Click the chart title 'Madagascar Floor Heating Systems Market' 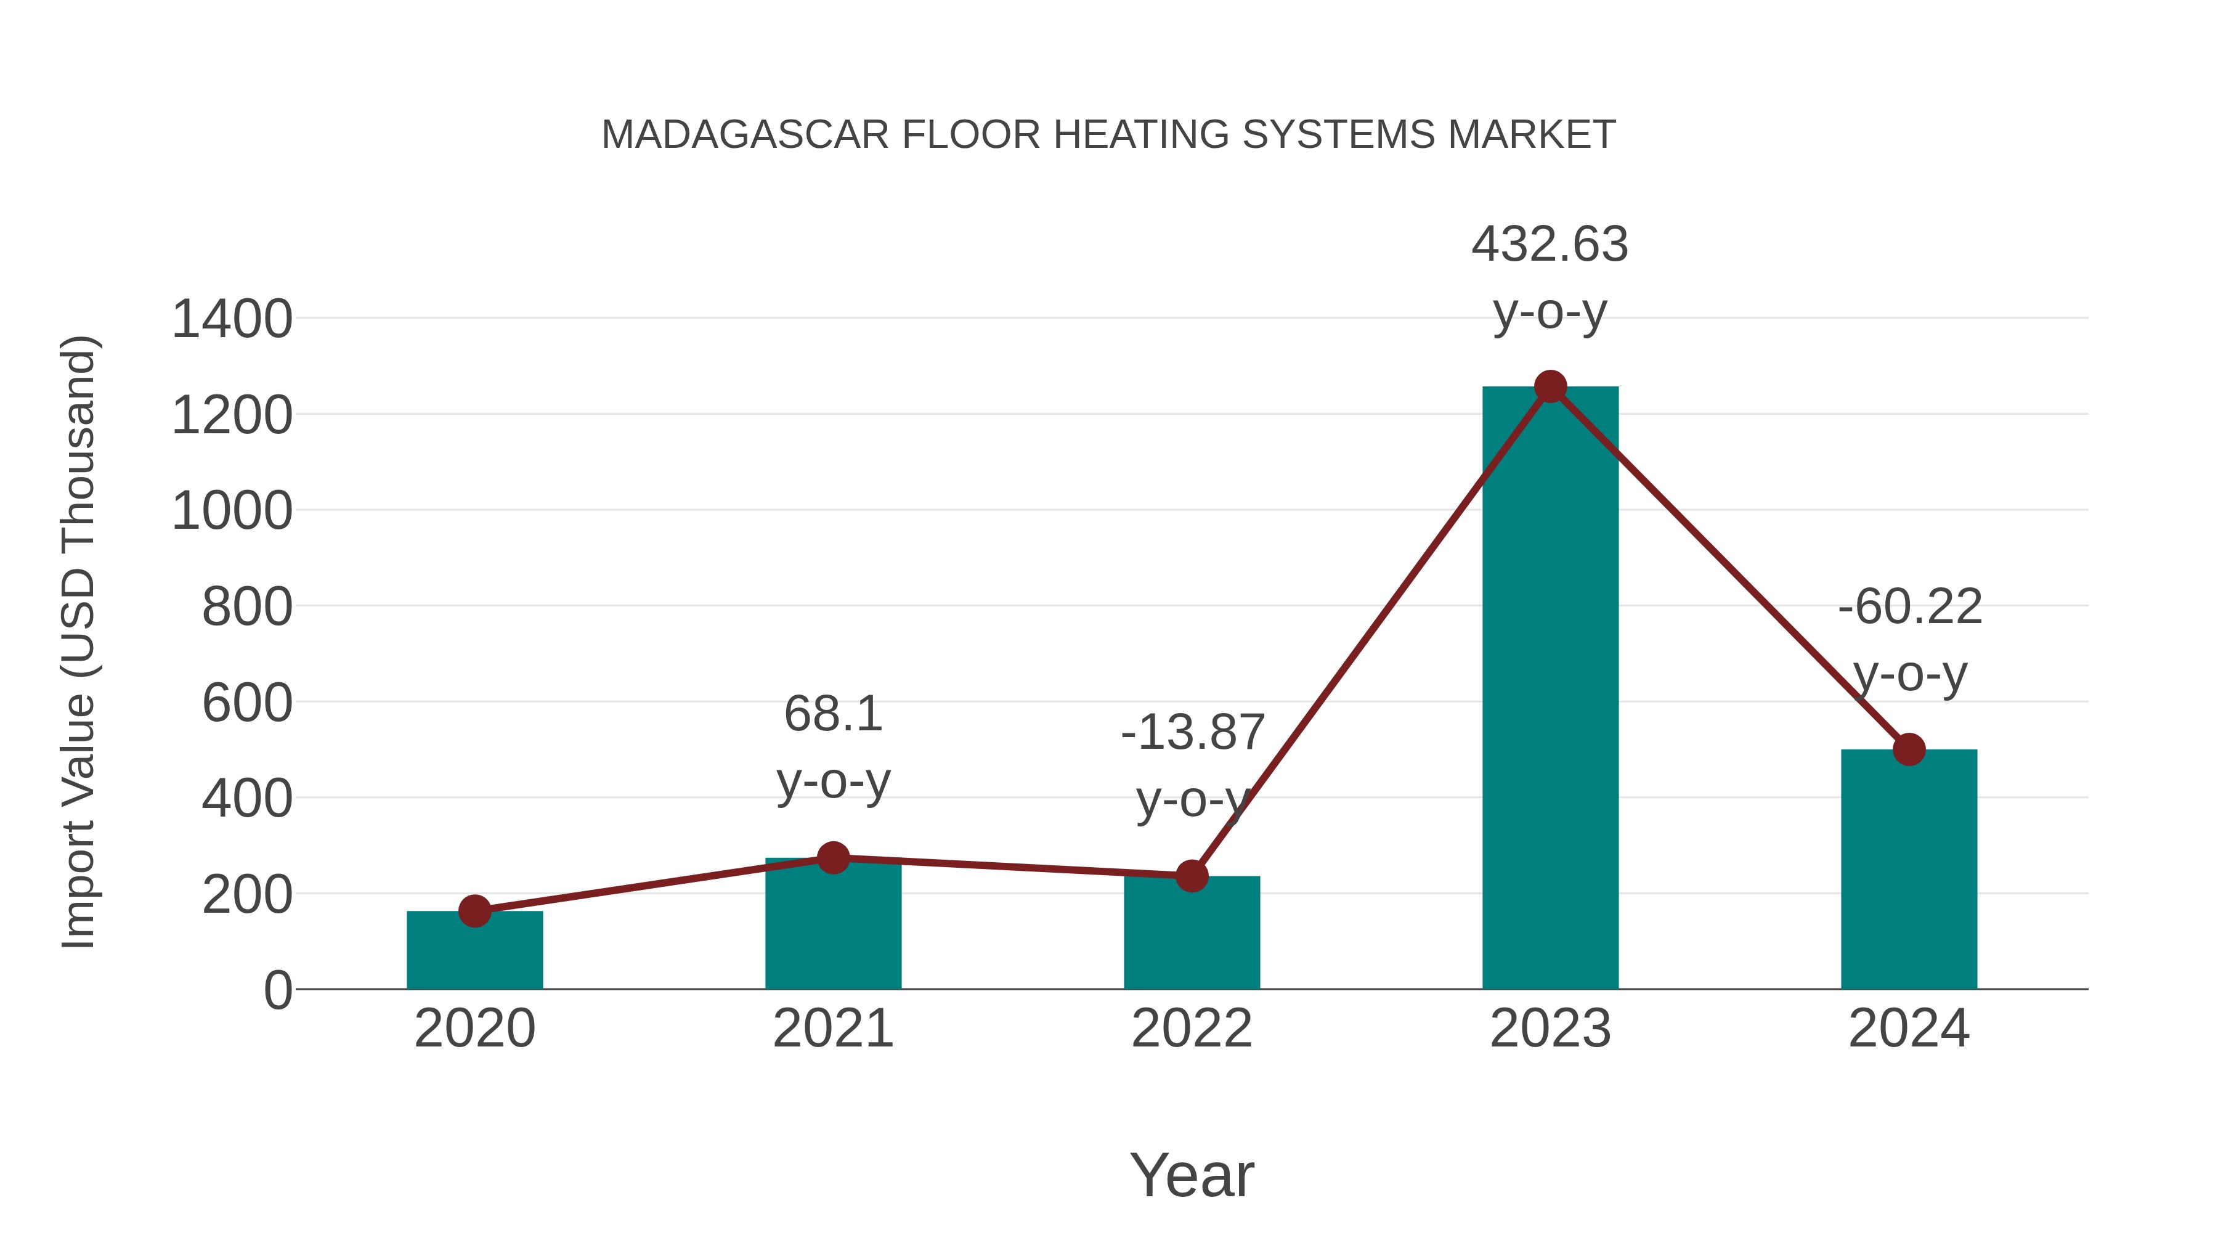[x=1108, y=135]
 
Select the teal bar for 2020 [x=474, y=952]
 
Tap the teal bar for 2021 [x=832, y=926]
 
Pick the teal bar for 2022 [x=1192, y=934]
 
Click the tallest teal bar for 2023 [x=1550, y=689]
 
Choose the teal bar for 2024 [x=1909, y=870]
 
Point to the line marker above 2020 [x=474, y=912]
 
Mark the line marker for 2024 [x=1909, y=749]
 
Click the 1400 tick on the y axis [x=232, y=319]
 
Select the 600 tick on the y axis [x=247, y=703]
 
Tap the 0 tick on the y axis [x=277, y=990]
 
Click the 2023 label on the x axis [x=1550, y=1029]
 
